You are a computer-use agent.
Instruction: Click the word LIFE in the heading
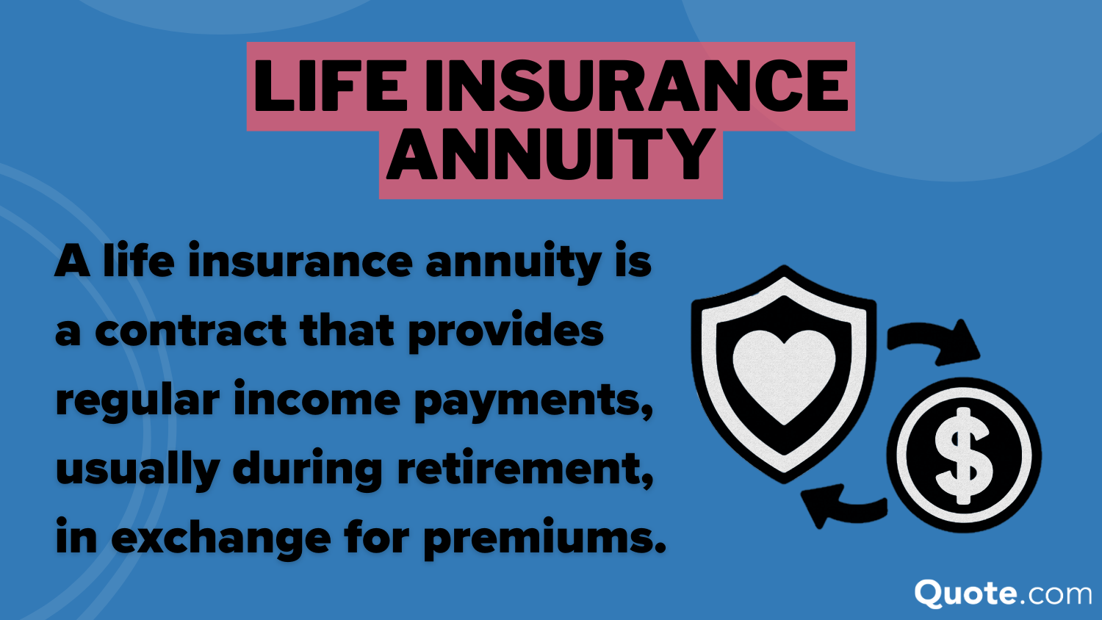point(330,86)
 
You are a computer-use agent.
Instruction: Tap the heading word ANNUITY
point(550,155)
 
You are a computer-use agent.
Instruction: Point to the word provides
point(505,332)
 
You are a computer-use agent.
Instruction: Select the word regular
point(137,401)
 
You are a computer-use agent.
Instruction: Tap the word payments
point(532,401)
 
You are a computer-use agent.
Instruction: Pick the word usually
point(137,470)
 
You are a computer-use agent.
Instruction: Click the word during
point(307,470)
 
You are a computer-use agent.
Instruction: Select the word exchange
point(221,538)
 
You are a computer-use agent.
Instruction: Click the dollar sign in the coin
point(963,455)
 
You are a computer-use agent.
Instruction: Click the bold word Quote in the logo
point(965,593)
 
